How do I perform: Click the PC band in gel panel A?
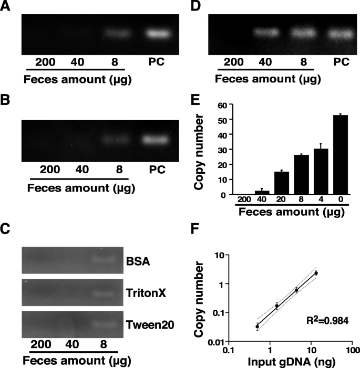click(158, 34)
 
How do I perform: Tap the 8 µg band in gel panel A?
click(117, 33)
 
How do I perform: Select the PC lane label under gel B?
click(157, 170)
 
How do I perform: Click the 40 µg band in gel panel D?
click(266, 32)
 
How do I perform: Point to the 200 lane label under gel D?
click(233, 62)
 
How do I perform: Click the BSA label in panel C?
click(138, 261)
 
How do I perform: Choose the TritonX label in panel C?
click(146, 293)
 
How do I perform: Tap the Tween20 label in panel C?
click(150, 325)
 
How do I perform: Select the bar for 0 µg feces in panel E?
click(341, 155)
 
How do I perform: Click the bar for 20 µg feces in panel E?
click(282, 183)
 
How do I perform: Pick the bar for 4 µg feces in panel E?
click(321, 172)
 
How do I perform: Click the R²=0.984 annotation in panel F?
click(327, 320)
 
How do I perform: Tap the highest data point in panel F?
click(316, 273)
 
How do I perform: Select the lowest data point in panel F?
click(258, 327)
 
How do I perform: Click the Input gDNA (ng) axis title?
click(292, 362)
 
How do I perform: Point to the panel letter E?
click(196, 100)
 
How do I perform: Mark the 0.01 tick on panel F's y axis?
click(218, 342)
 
